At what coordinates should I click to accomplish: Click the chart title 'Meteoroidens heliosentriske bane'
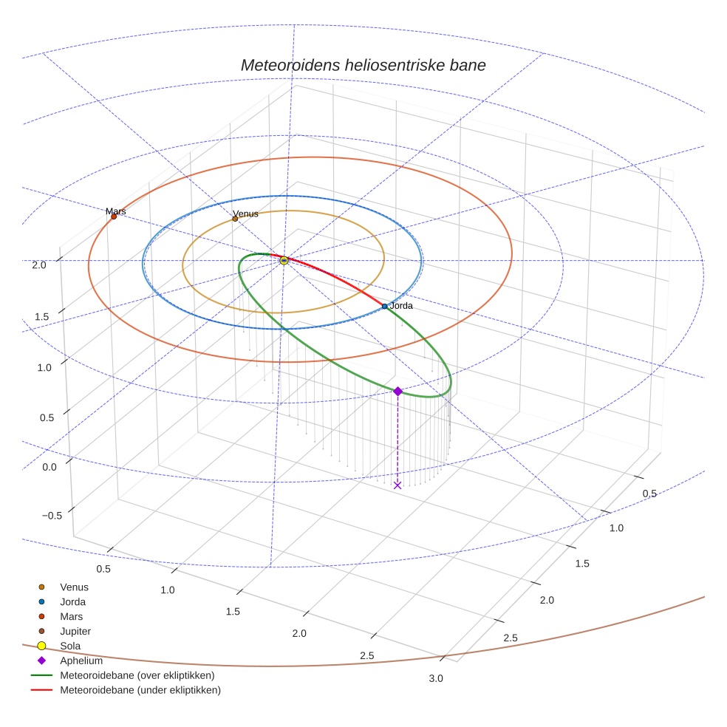click(363, 65)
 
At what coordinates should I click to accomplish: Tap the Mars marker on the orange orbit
click(114, 216)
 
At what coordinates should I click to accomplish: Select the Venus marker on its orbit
click(235, 219)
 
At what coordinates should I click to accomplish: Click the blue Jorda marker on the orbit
click(384, 306)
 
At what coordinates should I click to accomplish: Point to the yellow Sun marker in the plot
click(284, 260)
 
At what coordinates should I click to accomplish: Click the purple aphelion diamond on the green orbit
click(397, 391)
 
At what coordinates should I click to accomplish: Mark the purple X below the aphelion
click(397, 485)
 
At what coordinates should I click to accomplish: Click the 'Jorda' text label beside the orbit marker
click(401, 305)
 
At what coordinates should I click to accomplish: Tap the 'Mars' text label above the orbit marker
click(116, 211)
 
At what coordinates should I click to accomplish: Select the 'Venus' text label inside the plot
click(246, 214)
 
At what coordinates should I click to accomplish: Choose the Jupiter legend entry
click(75, 631)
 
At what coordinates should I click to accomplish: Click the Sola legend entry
click(71, 646)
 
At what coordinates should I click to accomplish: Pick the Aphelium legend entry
click(81, 661)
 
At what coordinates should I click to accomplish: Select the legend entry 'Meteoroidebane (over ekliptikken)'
click(137, 675)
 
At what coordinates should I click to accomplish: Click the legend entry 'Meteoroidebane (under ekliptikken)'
click(140, 690)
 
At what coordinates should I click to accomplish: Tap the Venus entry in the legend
click(74, 587)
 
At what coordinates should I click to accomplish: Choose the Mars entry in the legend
click(71, 616)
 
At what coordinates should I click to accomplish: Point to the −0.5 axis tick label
click(50, 516)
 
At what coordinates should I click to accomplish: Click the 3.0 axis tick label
click(436, 679)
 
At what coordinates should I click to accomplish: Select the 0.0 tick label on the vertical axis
click(50, 467)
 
